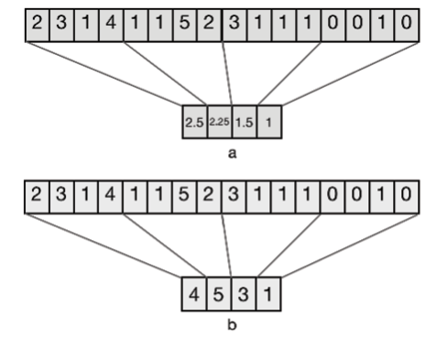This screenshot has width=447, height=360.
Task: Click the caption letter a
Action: point(233,153)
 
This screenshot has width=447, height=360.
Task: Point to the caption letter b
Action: point(233,325)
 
